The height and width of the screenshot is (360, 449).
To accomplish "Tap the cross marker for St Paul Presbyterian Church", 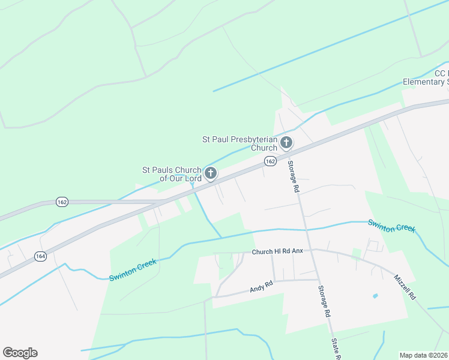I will click(286, 143).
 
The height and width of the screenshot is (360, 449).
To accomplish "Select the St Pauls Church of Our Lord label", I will click(172, 174).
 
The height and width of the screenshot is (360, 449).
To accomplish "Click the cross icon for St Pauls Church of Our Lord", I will click(210, 173).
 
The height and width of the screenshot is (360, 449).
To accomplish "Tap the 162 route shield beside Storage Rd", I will click(270, 161).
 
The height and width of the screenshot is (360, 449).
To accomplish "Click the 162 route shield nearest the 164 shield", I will click(62, 202).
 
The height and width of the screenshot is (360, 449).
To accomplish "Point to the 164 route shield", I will click(40, 256).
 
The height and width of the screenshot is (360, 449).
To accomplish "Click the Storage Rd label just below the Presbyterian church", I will click(294, 176).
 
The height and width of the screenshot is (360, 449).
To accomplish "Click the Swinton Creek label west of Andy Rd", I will click(133, 270).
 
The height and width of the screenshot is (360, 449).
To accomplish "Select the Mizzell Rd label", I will click(405, 287).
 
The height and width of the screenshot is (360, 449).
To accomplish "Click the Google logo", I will click(20, 353).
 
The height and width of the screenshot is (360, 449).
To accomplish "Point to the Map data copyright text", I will click(424, 355).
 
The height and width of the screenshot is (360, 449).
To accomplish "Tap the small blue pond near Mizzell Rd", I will click(375, 296).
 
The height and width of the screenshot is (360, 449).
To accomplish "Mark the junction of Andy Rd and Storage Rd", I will click(318, 280).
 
